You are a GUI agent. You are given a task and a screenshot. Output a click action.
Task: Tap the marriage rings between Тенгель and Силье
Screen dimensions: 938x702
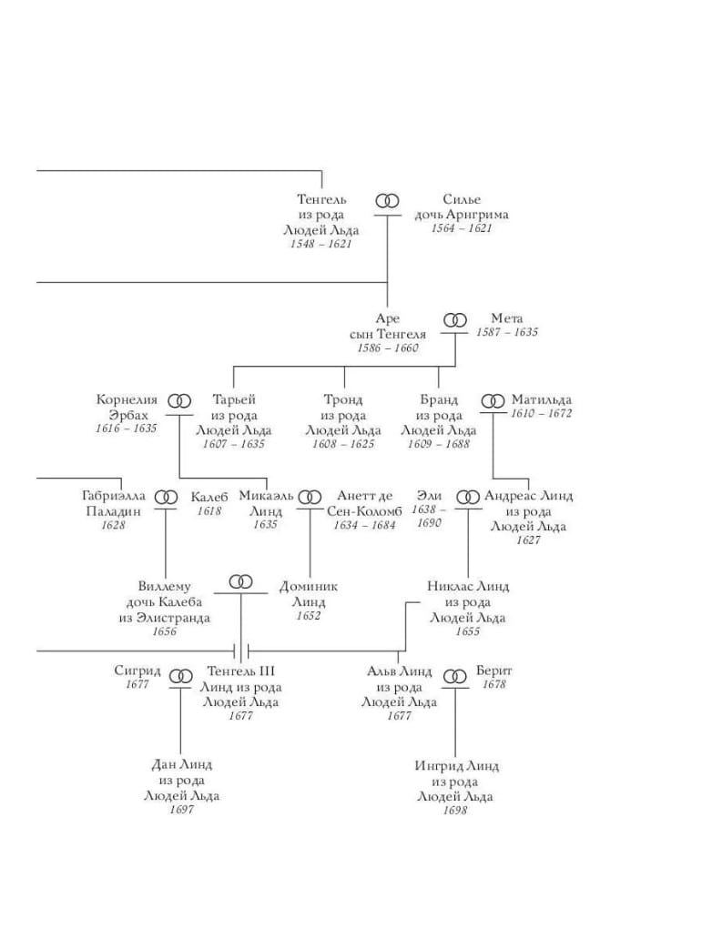coord(388,200)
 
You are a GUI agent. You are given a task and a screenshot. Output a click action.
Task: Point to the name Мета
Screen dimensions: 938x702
coord(507,318)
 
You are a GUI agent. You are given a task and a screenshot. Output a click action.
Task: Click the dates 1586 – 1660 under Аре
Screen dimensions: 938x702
coord(387,349)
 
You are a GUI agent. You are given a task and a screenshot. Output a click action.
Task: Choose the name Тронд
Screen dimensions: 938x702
coord(342,399)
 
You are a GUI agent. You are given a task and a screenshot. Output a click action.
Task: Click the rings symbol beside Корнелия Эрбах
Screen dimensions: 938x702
coord(183,400)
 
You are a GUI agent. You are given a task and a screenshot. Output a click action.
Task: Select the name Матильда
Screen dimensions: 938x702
coord(542,399)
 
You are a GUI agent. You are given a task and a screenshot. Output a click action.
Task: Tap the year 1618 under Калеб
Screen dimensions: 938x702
coord(209,511)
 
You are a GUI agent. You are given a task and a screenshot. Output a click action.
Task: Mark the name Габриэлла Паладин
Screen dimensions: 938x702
coord(113,503)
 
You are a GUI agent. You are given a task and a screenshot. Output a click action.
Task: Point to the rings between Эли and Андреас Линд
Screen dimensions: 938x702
coord(467,497)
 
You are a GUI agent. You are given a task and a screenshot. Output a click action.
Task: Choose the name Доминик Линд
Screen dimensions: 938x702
coord(309,594)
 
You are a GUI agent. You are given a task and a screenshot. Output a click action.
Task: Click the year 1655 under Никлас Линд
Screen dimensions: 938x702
coord(467,632)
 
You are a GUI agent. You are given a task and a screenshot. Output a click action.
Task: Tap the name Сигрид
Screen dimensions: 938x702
coord(137,671)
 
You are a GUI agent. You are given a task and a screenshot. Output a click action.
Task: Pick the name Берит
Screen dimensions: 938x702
coord(493,671)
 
